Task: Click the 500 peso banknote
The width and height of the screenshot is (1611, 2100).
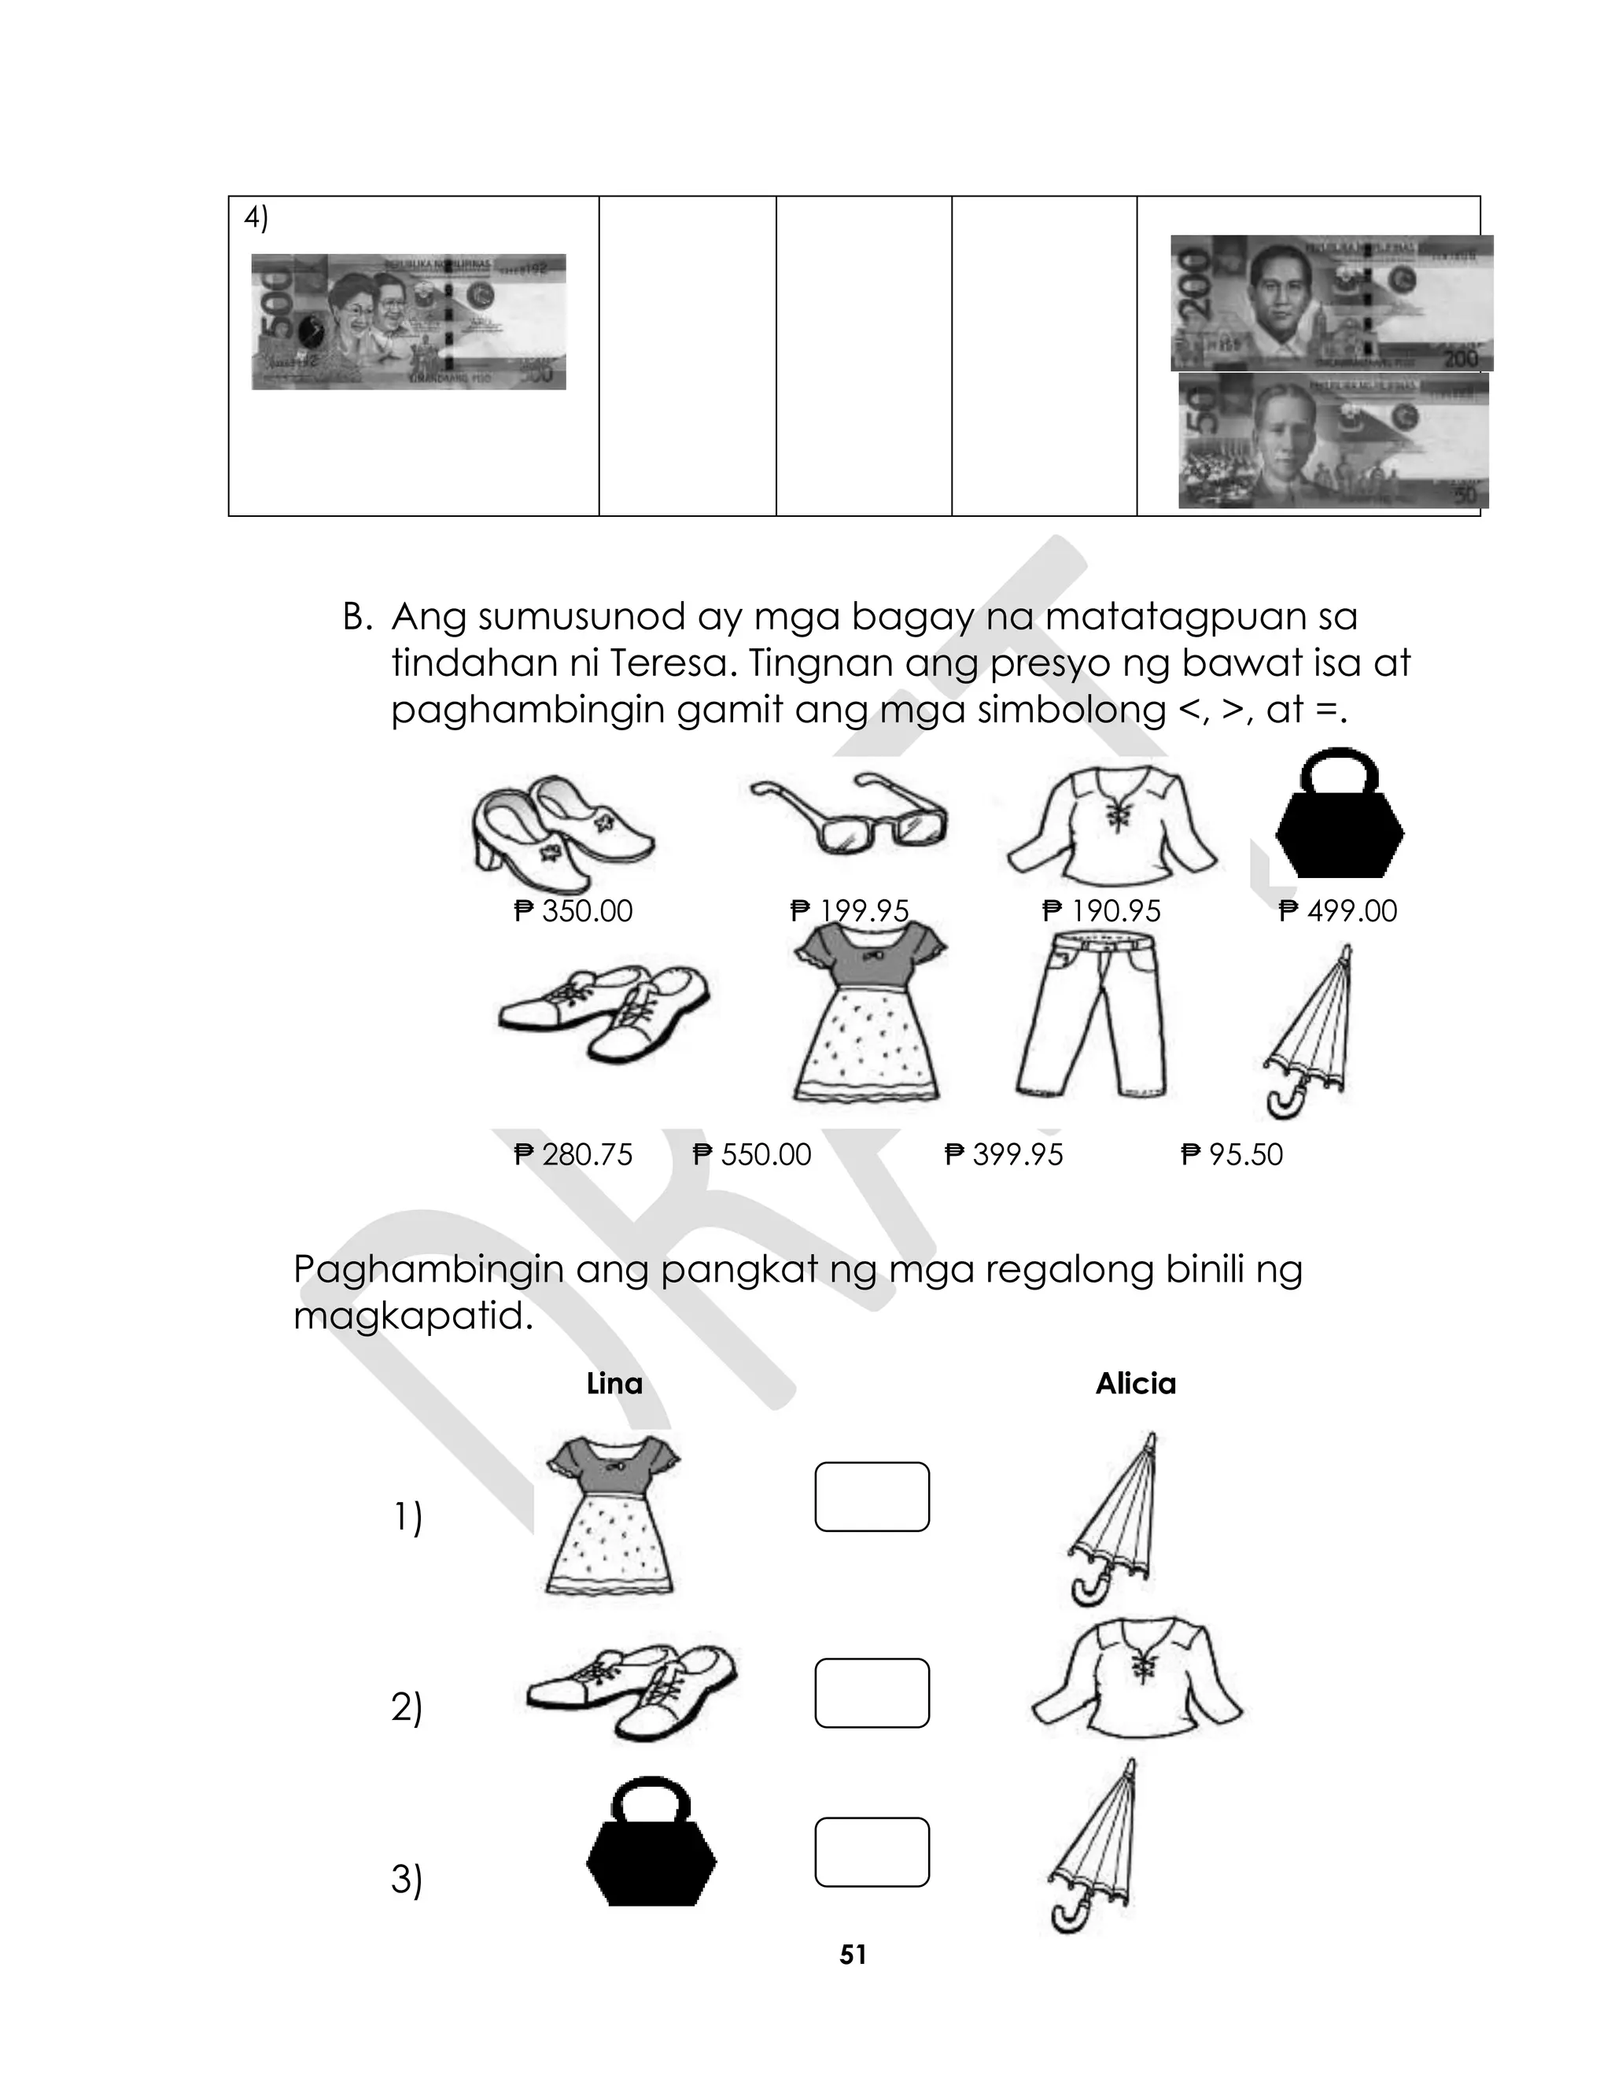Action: coord(408,321)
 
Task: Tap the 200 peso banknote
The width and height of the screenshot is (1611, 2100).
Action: coord(1331,303)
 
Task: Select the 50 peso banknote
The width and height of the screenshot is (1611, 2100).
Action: coord(1333,440)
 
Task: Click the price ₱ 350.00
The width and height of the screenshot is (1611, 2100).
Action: coord(573,911)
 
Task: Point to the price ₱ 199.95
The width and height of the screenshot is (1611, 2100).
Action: coord(849,911)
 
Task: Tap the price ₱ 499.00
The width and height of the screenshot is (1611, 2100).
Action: coord(1338,911)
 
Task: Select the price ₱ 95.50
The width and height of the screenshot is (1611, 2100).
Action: coord(1231,1154)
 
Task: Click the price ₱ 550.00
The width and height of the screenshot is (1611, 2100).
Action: coord(752,1154)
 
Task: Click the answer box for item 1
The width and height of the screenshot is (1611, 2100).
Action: coord(872,1497)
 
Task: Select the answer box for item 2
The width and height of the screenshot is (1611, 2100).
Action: coord(872,1693)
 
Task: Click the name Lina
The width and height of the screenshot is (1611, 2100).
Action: coord(614,1384)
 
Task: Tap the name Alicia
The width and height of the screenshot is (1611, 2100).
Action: coord(1135,1384)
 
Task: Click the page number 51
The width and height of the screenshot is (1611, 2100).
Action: coord(853,1955)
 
